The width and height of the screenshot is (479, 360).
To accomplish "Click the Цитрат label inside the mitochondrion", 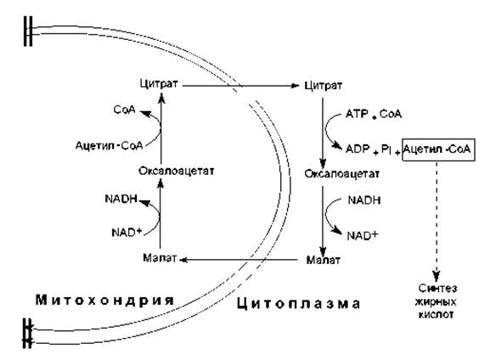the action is (159, 84).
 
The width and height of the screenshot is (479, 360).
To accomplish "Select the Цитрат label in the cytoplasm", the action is (324, 86).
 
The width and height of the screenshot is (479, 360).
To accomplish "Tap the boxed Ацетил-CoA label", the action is (438, 149).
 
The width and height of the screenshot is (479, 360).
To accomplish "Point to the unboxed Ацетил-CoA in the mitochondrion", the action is (109, 145).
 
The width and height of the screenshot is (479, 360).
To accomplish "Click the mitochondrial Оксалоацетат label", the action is (177, 171).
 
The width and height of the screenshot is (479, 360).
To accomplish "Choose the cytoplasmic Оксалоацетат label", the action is (342, 174).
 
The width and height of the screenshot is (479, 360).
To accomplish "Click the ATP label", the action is (357, 115).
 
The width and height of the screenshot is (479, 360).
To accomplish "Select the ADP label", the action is (358, 149).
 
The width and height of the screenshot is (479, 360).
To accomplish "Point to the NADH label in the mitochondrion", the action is (121, 199).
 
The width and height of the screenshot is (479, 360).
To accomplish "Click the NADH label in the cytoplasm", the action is (364, 200).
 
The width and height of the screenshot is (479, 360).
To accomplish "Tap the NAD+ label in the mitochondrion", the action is (127, 233).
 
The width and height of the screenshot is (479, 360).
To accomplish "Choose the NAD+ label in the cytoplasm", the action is (363, 235).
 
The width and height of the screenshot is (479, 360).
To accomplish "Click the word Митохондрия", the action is (105, 301).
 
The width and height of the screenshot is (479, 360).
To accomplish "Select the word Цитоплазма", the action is (299, 304).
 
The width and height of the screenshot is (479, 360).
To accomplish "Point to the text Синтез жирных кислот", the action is (437, 301).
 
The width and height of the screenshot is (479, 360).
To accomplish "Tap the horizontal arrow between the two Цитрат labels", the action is (240, 86).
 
